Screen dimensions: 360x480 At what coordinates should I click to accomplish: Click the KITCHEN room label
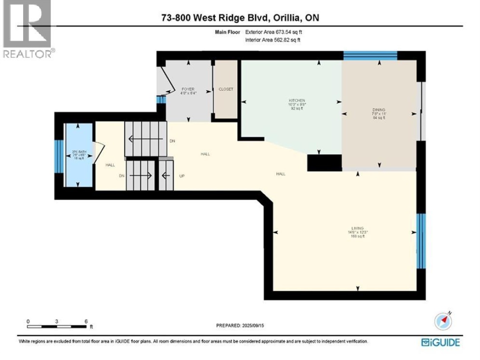296,101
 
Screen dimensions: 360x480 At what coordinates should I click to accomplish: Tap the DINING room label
379,110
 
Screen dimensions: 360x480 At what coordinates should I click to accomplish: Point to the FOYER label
188,89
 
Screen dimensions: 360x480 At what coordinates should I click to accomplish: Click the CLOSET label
226,89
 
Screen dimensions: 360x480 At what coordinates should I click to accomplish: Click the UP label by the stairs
182,176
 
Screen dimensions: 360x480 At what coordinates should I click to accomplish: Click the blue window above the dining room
370,56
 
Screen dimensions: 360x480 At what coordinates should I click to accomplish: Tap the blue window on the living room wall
420,241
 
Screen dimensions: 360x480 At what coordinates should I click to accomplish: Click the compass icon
443,320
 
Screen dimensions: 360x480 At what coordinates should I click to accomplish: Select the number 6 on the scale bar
86,321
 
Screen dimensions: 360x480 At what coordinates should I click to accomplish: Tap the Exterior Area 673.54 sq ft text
274,32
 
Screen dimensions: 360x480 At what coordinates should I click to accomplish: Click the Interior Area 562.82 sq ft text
273,40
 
